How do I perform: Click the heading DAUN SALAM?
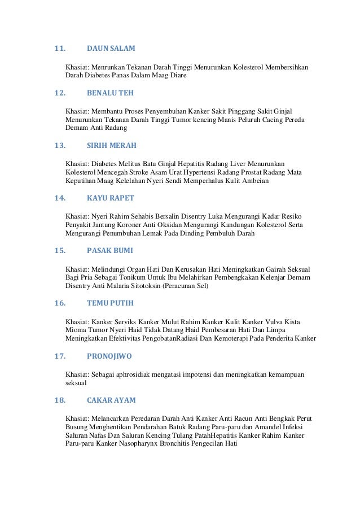(x=111, y=49)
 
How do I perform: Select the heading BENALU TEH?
(x=111, y=93)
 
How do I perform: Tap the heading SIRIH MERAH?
(x=112, y=145)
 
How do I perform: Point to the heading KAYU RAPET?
(x=111, y=198)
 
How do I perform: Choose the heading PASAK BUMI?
(x=111, y=250)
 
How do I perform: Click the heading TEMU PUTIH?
(x=111, y=303)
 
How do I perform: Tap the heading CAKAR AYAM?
(x=112, y=400)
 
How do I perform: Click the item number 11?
(x=59, y=49)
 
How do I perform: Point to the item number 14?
(x=59, y=198)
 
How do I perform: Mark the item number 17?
(x=59, y=356)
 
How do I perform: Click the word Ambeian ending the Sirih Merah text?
(x=255, y=181)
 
